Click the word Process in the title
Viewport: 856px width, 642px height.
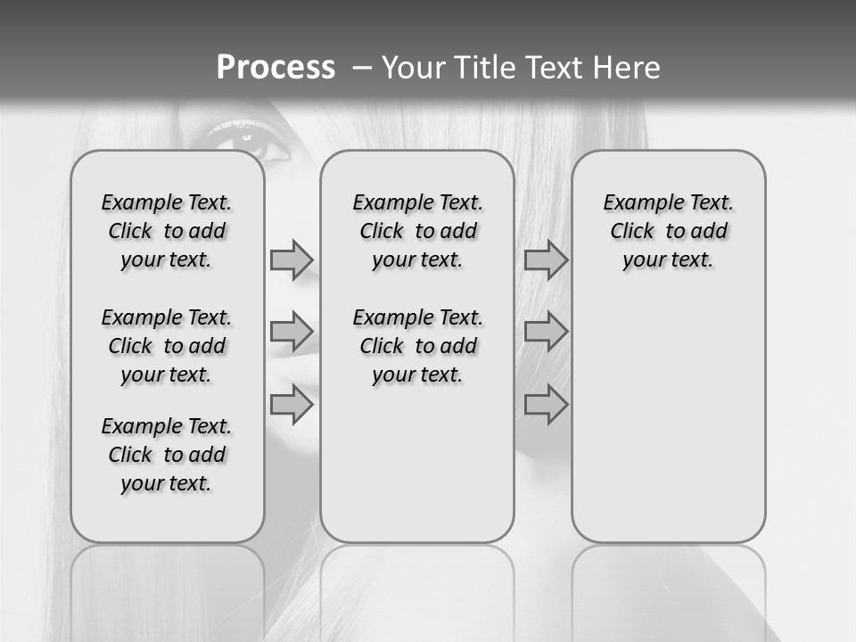pyautogui.click(x=276, y=67)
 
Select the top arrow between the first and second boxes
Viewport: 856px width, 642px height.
pyautogui.click(x=292, y=259)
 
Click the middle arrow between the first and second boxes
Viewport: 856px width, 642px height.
pyautogui.click(x=292, y=332)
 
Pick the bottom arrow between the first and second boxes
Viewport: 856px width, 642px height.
pyautogui.click(x=292, y=405)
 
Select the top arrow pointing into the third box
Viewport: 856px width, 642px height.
pyautogui.click(x=546, y=259)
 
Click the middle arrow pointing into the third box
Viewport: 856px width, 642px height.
pyautogui.click(x=546, y=332)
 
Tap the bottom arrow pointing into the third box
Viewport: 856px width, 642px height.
pyautogui.click(x=546, y=405)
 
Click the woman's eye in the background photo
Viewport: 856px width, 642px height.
pyautogui.click(x=245, y=140)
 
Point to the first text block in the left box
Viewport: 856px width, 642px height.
pyautogui.click(x=167, y=231)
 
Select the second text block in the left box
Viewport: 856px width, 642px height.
pyautogui.click(x=167, y=346)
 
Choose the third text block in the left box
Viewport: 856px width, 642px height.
pyautogui.click(x=167, y=455)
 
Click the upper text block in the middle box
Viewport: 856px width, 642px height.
pyautogui.click(x=418, y=231)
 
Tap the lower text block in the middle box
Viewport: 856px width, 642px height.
pyautogui.click(x=418, y=346)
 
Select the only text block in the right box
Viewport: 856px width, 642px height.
pyautogui.click(x=669, y=231)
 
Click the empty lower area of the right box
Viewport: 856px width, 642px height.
pyautogui.click(x=669, y=419)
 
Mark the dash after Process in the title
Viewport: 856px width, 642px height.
pyautogui.click(x=362, y=67)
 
